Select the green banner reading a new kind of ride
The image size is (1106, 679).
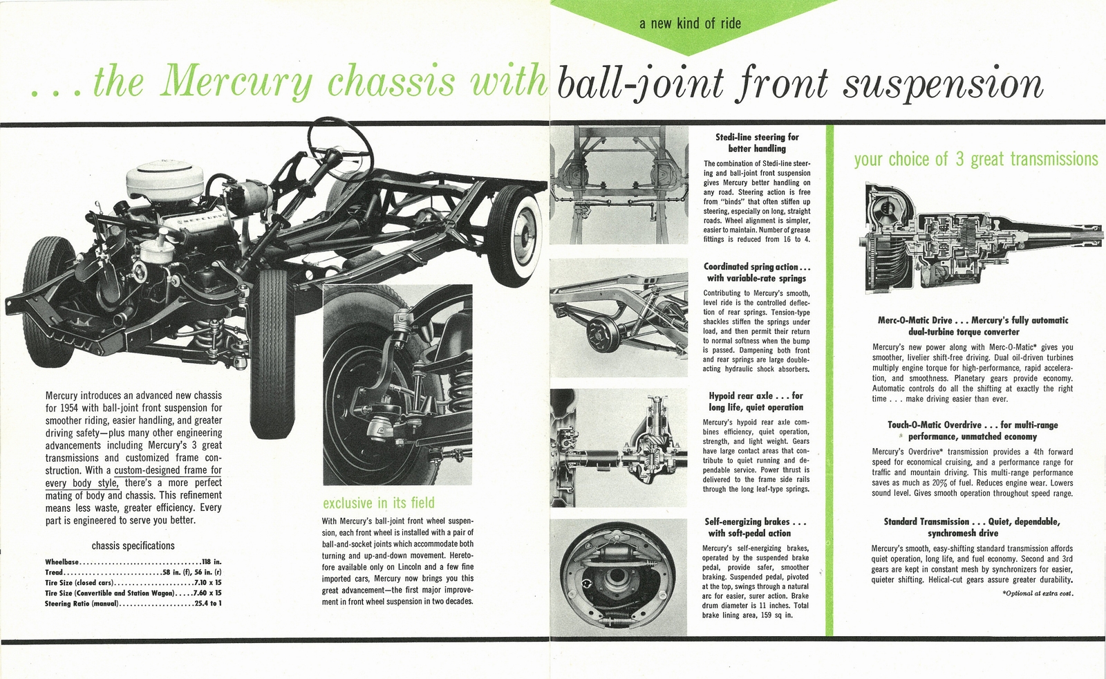click(689, 24)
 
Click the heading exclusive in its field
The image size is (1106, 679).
click(379, 503)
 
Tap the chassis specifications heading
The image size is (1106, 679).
click(133, 546)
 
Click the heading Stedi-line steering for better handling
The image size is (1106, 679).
click(757, 142)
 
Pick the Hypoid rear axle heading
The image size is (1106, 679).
click(756, 401)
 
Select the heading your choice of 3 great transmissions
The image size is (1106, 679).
click(975, 160)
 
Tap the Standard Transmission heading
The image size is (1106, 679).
click(971, 527)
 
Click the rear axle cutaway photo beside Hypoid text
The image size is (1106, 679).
click(619, 448)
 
